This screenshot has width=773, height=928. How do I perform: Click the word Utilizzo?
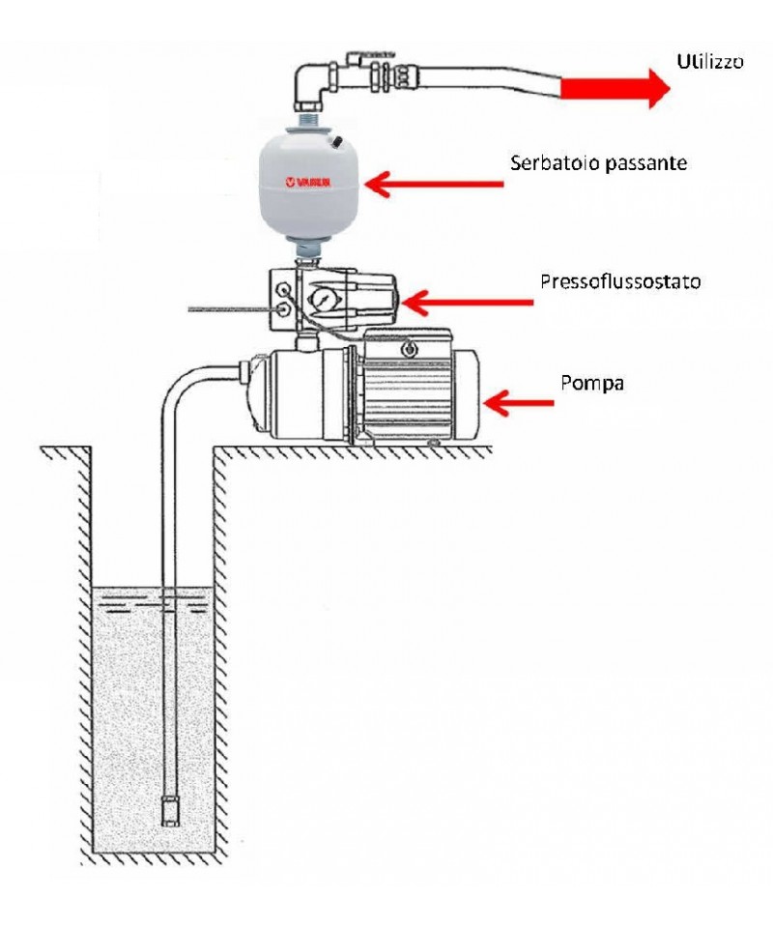[709, 62]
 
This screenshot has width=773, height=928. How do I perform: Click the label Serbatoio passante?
[598, 163]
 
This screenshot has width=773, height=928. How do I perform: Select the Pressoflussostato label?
[620, 283]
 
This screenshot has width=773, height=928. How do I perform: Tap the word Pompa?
[592, 383]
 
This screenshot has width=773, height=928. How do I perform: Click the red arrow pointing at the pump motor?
[518, 402]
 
